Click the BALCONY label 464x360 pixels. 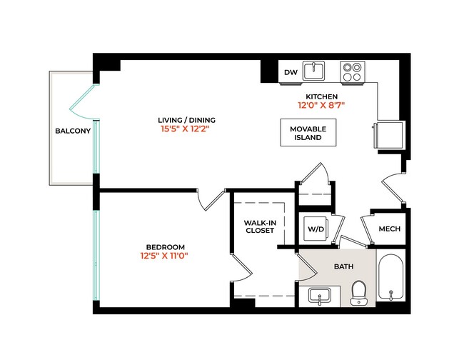coord(73,131)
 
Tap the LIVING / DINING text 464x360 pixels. coord(187,119)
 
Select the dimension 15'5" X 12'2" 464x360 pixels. coord(187,130)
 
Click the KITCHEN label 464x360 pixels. coord(321,96)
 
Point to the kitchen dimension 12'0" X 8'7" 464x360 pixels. coord(321,106)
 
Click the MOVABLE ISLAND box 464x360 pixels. coord(308,132)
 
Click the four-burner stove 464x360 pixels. coord(351,71)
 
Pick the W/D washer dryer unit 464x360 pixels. coord(315,229)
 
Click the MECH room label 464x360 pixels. coord(388,229)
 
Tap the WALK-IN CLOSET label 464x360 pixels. coord(260,226)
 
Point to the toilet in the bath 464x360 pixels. coord(358,291)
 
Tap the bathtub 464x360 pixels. coord(392,279)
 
